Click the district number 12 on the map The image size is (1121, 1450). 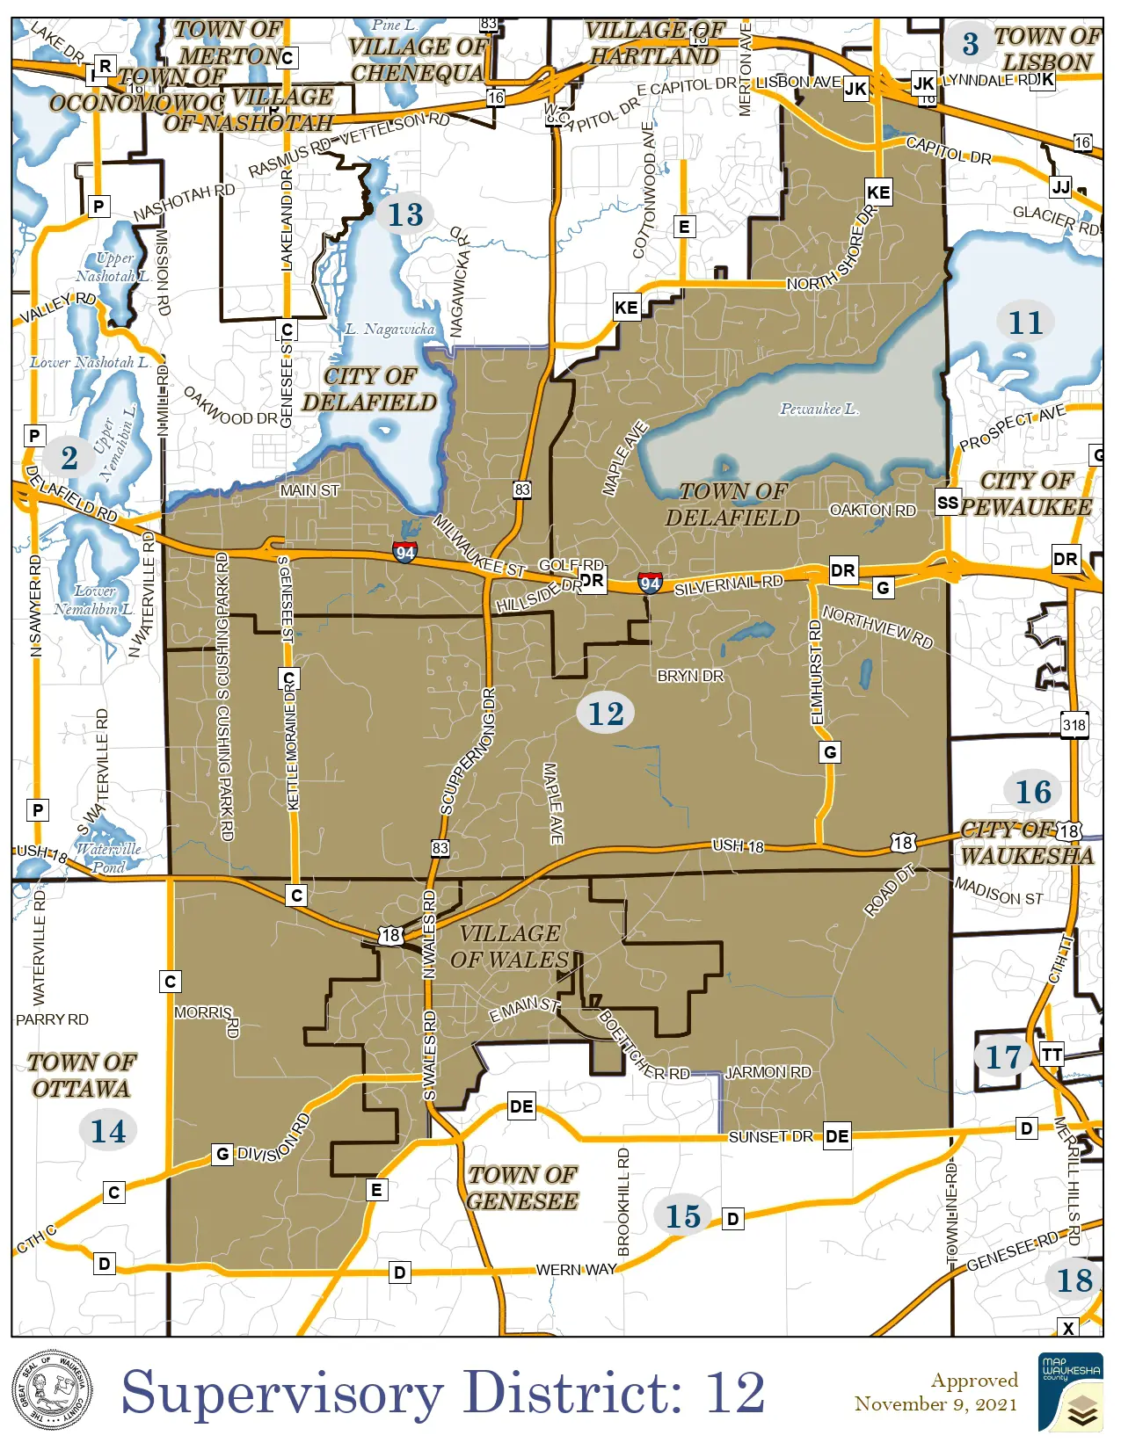tap(606, 714)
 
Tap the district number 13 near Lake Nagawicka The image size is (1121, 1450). tap(405, 214)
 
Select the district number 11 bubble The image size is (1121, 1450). tap(1025, 323)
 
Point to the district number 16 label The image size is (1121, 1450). tap(1033, 792)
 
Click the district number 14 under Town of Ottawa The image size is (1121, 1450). tap(108, 1131)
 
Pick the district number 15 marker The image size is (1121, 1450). tap(683, 1216)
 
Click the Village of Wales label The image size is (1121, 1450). tap(509, 946)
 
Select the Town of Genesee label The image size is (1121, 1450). tap(522, 1188)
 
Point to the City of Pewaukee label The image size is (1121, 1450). tap(1026, 494)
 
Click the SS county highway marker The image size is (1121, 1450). tap(948, 503)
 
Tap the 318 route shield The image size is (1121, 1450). tap(1074, 725)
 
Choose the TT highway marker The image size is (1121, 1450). tap(1052, 1055)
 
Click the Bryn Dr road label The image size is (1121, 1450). tap(690, 676)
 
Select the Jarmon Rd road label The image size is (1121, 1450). tap(768, 1072)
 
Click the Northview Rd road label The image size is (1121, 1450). tap(877, 627)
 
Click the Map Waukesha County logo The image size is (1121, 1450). tap(1070, 1392)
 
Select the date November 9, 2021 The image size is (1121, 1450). tap(935, 1403)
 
